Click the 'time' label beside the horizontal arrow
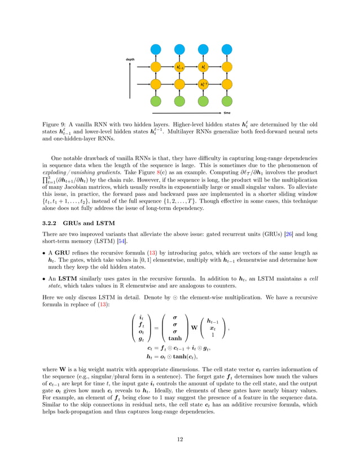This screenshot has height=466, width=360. (x=227, y=113)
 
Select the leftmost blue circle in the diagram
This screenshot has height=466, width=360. (x=156, y=50)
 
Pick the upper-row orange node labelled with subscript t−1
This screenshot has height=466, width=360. (x=180, y=67)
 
